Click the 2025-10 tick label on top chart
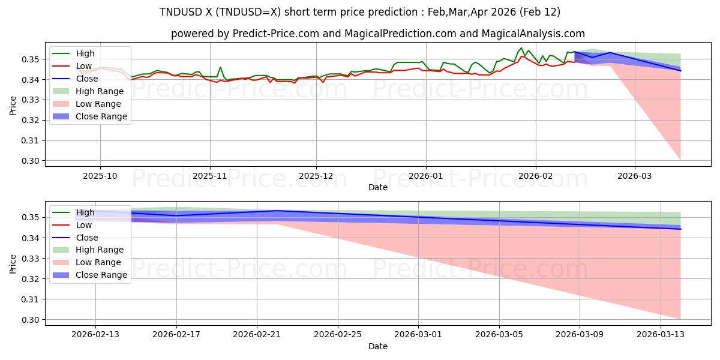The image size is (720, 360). coord(100,176)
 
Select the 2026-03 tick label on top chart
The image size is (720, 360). coord(634,176)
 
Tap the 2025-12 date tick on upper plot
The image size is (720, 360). coord(316,176)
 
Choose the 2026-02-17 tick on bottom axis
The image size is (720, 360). coord(176,335)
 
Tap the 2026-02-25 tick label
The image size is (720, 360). coord(338,335)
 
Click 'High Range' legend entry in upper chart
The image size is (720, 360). coord(99,91)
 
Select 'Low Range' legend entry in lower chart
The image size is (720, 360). coord(98,262)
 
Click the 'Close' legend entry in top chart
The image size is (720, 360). coord(87,79)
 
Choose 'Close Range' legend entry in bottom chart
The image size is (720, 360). coord(101,275)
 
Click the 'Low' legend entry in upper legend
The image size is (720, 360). coord(84,66)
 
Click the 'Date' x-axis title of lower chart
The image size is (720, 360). coord(377,346)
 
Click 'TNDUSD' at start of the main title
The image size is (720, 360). coord(180,12)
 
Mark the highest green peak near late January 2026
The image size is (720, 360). coord(521,48)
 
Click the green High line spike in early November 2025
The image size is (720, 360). coord(220,67)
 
